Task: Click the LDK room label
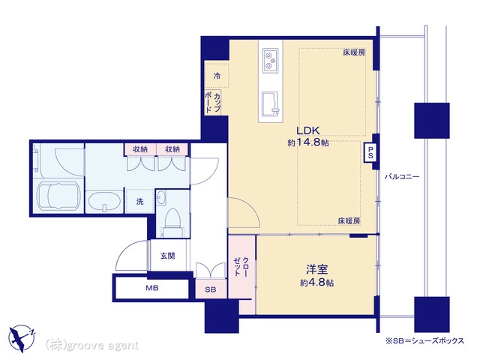[308, 130]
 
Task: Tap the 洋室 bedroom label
[316, 269]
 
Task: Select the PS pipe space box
[370, 152]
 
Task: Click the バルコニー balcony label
[402, 177]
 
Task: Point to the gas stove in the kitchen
[271, 61]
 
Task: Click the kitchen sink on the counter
[270, 104]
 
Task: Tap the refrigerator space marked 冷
[217, 76]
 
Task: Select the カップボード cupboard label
[212, 103]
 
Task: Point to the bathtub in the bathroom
[58, 196]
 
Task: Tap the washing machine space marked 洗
[139, 201]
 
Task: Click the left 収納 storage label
[140, 149]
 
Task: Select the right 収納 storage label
[172, 149]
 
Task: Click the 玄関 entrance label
[168, 256]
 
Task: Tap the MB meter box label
[151, 288]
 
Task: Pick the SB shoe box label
[211, 289]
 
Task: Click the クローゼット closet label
[241, 267]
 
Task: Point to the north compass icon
[22, 338]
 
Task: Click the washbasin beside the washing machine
[104, 201]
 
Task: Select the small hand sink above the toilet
[160, 198]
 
